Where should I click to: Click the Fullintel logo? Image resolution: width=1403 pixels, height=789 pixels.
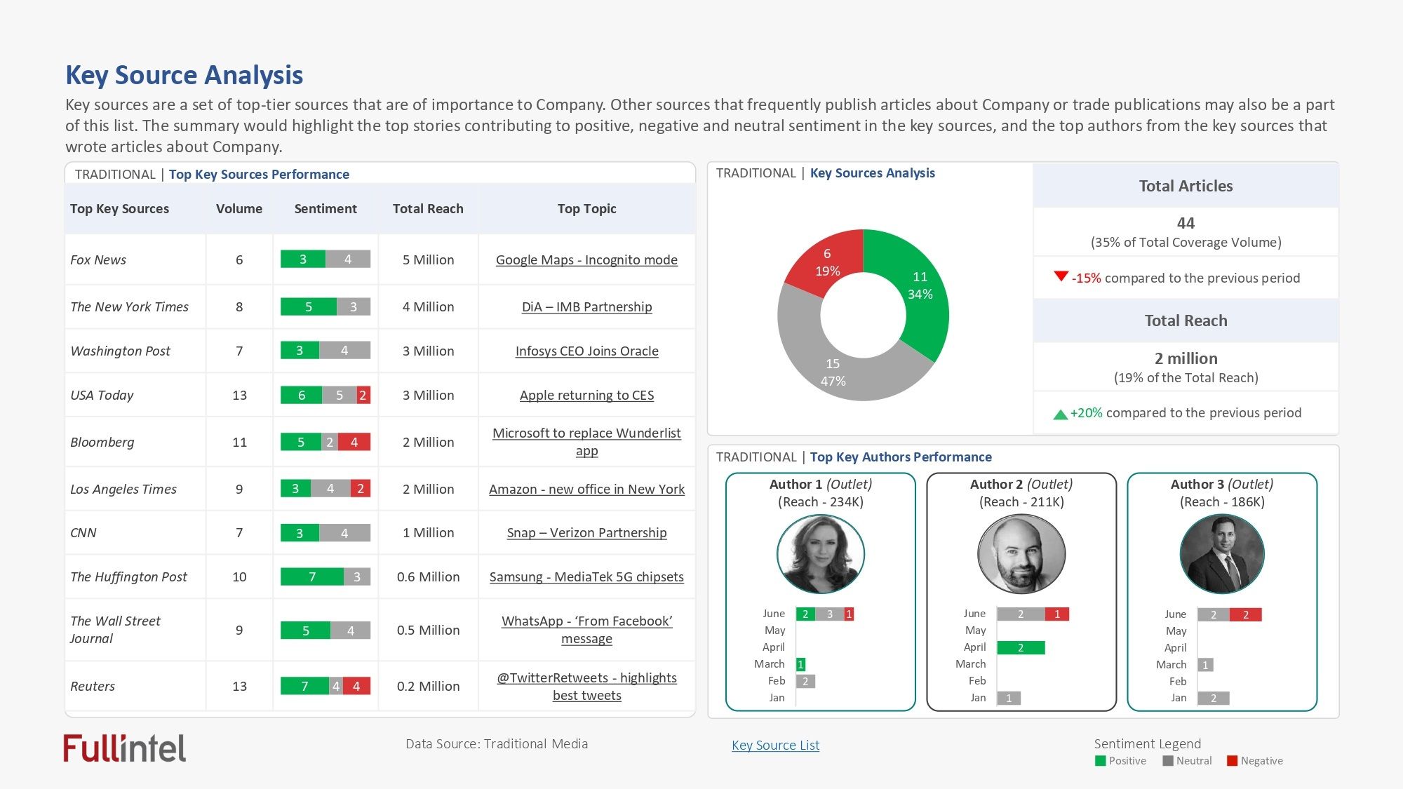click(x=124, y=748)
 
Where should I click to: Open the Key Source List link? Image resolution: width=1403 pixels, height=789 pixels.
click(x=775, y=745)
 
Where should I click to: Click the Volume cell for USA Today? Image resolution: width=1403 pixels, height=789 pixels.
click(x=239, y=395)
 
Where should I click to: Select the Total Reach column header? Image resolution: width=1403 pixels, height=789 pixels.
click(x=428, y=208)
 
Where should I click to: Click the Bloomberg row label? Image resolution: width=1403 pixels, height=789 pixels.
click(x=102, y=442)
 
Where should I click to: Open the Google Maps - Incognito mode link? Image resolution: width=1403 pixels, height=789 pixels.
click(x=586, y=259)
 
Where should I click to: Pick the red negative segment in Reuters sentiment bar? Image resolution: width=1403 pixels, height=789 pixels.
click(x=356, y=686)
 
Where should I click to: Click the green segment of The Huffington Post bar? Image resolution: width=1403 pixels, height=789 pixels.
click(x=312, y=576)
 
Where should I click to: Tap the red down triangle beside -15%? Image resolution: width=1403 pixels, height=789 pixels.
click(x=1061, y=276)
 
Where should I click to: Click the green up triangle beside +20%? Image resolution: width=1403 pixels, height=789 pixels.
click(x=1060, y=414)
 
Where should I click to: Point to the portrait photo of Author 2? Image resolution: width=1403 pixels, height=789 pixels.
click(x=1021, y=554)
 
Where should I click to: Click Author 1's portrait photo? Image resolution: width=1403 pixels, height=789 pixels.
click(x=821, y=554)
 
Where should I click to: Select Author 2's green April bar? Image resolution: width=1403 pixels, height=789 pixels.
click(x=1021, y=647)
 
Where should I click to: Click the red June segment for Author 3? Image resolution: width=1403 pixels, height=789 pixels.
click(x=1246, y=615)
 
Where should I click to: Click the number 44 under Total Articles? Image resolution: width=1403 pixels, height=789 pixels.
click(x=1186, y=223)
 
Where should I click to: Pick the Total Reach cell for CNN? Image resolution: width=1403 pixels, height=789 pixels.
click(x=428, y=532)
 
